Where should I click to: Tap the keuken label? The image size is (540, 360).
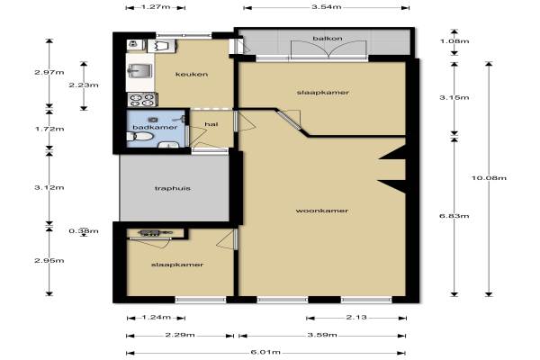(192, 74)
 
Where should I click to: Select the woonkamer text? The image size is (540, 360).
(322, 211)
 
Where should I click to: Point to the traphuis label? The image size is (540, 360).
(173, 188)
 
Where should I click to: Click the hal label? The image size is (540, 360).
(211, 124)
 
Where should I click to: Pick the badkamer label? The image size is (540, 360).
(155, 127)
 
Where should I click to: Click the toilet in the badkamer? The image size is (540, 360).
(139, 137)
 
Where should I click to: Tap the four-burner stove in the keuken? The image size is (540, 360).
(142, 100)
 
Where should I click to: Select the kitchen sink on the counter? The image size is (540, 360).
(139, 70)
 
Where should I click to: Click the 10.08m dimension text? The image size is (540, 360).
(489, 178)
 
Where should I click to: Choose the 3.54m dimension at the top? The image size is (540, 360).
(327, 7)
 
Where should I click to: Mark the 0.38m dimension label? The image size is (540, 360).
(84, 230)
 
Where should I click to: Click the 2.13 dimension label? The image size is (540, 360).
(356, 318)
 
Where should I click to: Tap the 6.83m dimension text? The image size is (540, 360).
(454, 216)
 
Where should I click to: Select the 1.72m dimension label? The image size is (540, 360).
(49, 129)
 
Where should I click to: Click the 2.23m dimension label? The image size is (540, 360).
(84, 85)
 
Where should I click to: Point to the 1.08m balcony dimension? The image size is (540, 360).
(454, 41)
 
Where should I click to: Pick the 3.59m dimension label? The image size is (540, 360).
(322, 335)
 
